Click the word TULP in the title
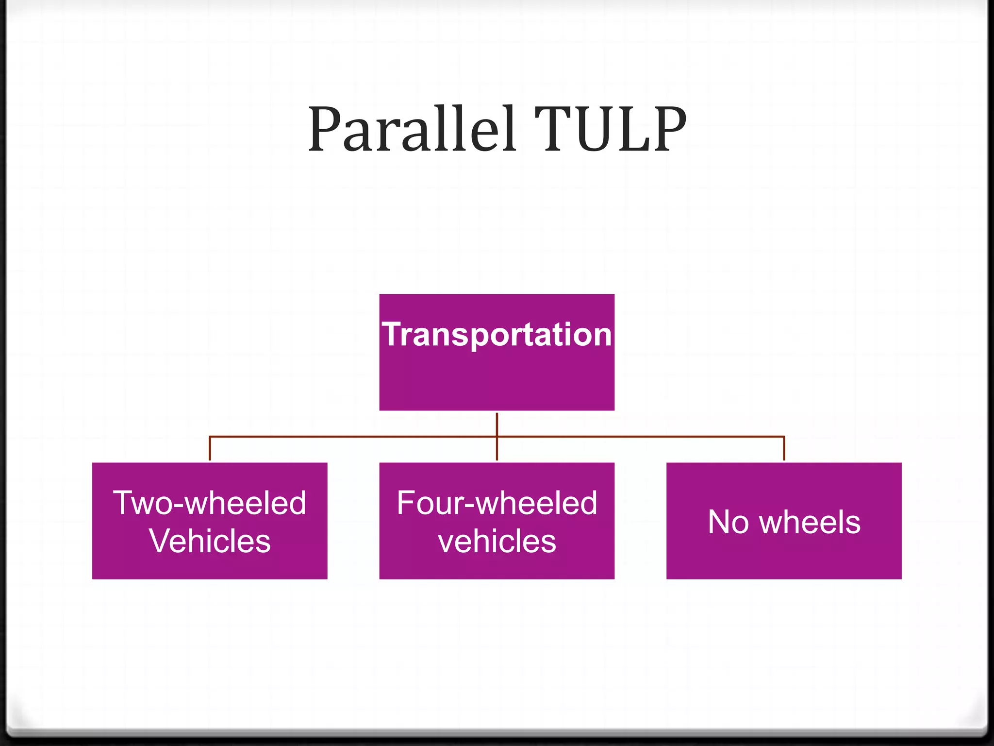coord(610,130)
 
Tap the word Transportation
coord(497,335)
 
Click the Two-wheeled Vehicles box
coord(210,563)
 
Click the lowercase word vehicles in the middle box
coord(497,541)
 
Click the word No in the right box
coord(728,522)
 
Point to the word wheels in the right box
coord(810,522)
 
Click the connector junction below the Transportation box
coord(497,437)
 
